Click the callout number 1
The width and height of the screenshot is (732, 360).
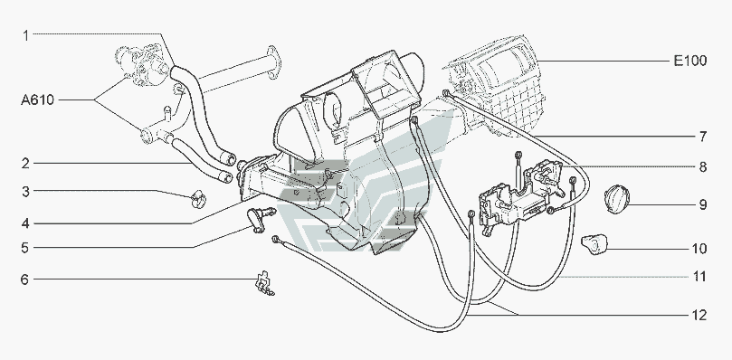[26, 35]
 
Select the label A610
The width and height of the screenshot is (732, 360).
[37, 99]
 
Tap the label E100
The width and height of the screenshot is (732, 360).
[690, 61]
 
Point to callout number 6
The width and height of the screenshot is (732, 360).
[24, 279]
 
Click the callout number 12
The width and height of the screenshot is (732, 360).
[699, 315]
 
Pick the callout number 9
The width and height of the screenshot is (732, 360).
[702, 204]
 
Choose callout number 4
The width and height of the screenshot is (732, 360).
[25, 223]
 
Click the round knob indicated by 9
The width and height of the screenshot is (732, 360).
[617, 199]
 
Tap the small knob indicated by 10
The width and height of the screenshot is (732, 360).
[594, 244]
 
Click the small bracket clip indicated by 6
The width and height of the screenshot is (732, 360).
[264, 283]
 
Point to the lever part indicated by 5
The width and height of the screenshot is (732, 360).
[260, 218]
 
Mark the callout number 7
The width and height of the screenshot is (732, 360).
[702, 137]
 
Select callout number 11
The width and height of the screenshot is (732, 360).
[699, 277]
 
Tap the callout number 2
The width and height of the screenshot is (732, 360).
[25, 164]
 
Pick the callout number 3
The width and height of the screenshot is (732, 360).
[25, 191]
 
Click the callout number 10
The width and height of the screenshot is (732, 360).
[699, 249]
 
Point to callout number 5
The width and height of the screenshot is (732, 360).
[25, 248]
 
